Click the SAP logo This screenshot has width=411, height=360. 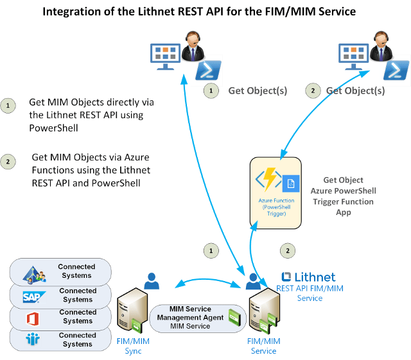coord(34,297)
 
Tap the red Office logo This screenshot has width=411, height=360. coord(33,319)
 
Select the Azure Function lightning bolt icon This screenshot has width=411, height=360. coord(269,179)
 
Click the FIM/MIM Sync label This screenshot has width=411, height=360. coord(133,346)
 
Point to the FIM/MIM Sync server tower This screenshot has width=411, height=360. coord(132,310)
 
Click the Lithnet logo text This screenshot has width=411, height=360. coord(308,277)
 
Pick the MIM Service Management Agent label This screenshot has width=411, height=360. coord(190,317)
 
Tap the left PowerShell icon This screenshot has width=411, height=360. coord(208,70)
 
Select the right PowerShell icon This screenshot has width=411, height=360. coord(396,70)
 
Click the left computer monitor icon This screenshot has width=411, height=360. coord(165,56)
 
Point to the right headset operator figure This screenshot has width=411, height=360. coord(381,46)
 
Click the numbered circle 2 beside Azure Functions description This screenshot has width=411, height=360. coord(8,162)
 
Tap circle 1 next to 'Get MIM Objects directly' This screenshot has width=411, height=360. coord(8,106)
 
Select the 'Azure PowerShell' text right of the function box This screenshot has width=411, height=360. coord(343,191)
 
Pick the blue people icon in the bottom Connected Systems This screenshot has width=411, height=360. coord(33,339)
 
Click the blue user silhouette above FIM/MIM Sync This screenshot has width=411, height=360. coord(152,281)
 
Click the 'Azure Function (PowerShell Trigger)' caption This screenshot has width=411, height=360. coord(276,207)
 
